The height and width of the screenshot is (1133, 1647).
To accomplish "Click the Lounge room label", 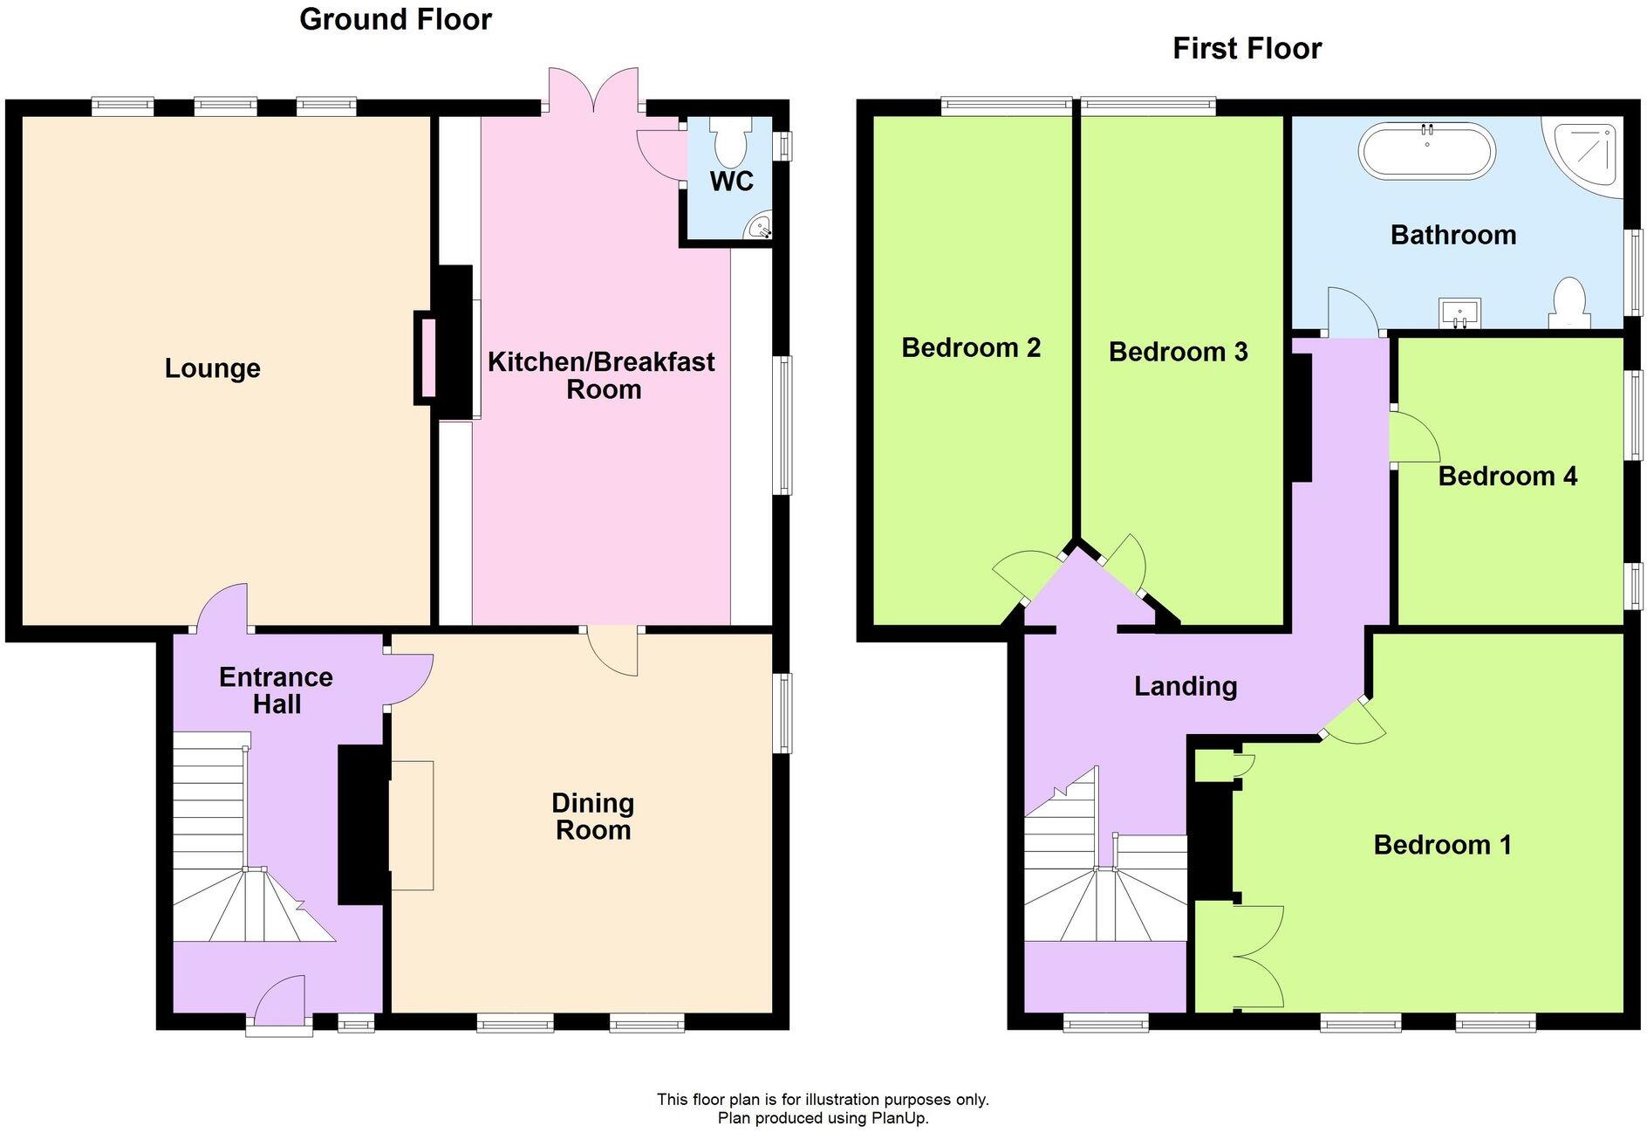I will tap(212, 368).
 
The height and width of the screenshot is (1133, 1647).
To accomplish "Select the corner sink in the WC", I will tap(760, 229).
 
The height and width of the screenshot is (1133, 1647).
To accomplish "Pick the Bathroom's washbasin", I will tap(1459, 312).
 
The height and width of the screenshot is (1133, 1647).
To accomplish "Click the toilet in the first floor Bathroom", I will tap(1569, 301).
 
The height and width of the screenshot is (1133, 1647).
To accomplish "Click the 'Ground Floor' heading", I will tap(395, 19).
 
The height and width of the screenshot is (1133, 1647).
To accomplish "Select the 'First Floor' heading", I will tap(1247, 49).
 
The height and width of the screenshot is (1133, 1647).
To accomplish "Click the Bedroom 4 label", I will tap(1507, 476).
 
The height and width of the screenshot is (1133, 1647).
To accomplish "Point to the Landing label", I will tap(1186, 686).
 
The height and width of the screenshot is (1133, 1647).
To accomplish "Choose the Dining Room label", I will tap(593, 816).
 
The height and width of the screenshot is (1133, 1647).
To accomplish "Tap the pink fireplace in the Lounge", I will tap(428, 358).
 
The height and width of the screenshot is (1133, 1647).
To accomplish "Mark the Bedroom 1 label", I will tap(1442, 845).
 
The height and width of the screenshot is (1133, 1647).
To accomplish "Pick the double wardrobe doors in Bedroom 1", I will tap(1259, 958).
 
